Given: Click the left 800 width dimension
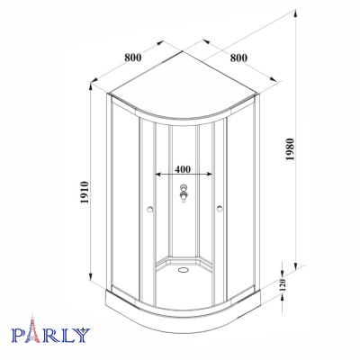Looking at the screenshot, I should (x=133, y=58).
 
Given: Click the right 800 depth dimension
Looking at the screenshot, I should (x=238, y=58).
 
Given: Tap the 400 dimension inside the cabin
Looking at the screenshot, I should (x=183, y=168).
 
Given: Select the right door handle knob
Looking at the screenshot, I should (x=218, y=212).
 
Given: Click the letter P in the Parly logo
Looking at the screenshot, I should (x=18, y=337).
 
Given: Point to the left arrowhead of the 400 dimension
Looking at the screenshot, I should (x=158, y=175).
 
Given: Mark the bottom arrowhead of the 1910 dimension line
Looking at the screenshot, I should (x=91, y=283).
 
